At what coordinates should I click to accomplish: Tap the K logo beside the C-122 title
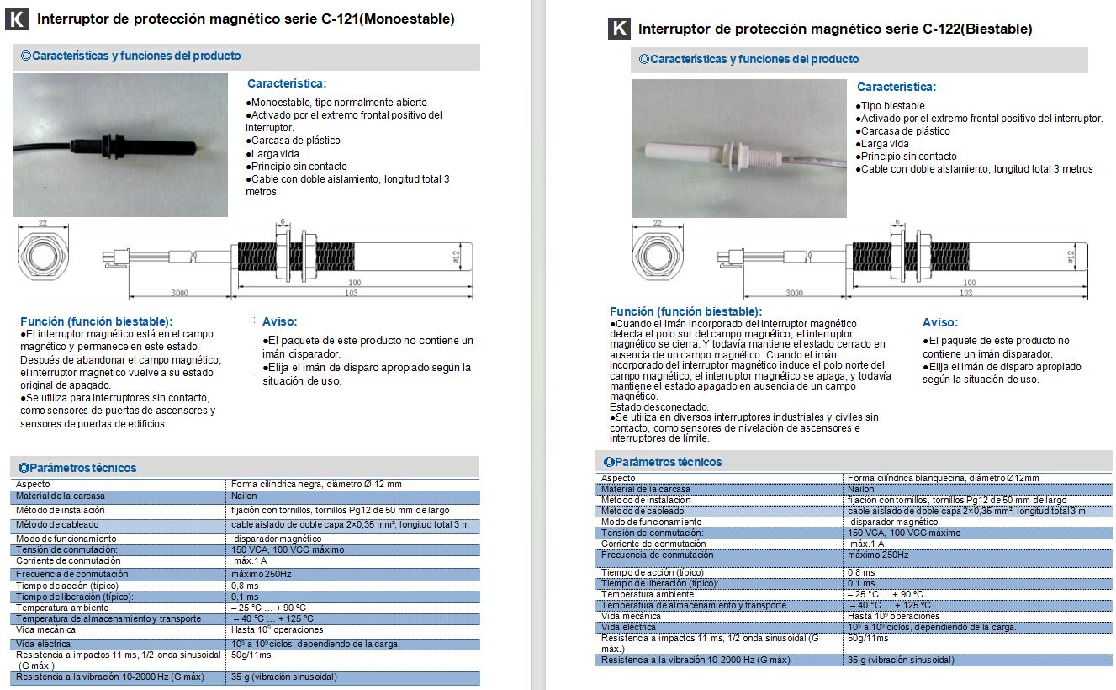coord(619,29)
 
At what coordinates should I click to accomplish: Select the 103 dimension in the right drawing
coord(966,293)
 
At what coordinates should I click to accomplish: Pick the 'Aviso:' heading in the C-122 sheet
coord(940,322)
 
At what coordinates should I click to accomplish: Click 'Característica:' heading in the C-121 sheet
coord(287,83)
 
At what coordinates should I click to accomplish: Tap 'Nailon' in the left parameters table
coord(244,496)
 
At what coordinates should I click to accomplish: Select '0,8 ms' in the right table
coord(860,572)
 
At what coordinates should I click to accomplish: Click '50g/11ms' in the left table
coord(251,655)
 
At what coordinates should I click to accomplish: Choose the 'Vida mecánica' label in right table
coord(631,616)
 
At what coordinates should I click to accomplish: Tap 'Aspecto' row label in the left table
coord(33,484)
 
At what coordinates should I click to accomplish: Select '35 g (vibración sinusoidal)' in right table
coord(900,660)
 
